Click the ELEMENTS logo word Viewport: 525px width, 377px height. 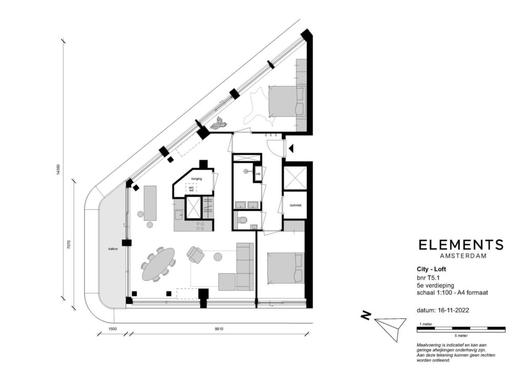[x=461, y=245]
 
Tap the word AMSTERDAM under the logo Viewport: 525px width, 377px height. [x=461, y=256]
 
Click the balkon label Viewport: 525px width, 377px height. [x=113, y=249]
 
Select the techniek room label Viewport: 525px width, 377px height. [x=295, y=205]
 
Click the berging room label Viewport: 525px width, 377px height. [x=196, y=179]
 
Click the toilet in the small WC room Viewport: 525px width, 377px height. [x=243, y=220]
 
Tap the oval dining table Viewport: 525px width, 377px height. [x=158, y=264]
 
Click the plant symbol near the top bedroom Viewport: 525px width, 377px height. [x=219, y=123]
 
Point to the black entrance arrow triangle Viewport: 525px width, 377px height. [x=291, y=148]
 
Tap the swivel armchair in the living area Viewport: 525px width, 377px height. [x=195, y=254]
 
